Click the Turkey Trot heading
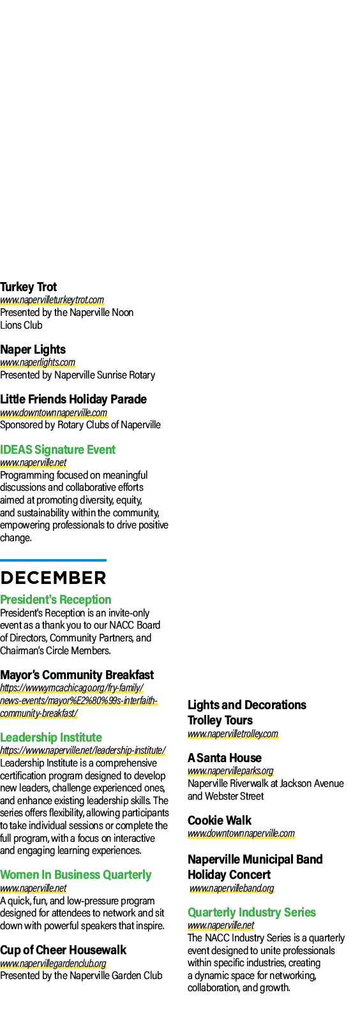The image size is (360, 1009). point(28,287)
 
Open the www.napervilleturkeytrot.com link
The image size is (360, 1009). point(52,300)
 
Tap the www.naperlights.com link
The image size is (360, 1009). point(38,362)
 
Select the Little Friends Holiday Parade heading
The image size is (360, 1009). point(73,400)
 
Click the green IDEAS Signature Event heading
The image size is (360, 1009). point(57,450)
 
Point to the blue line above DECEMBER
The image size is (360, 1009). point(53,560)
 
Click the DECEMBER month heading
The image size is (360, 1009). point(53,578)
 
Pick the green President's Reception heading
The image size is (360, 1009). point(56,600)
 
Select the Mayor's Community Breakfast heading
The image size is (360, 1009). point(77,675)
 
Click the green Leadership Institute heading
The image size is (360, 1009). point(51,738)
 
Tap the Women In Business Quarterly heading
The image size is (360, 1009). point(76,875)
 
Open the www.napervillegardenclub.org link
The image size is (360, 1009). point(53,964)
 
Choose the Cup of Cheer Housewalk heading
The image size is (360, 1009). point(63,950)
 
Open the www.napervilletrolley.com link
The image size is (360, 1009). point(233,734)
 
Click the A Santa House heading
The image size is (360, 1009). point(225,758)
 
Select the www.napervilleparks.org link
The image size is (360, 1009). point(230,771)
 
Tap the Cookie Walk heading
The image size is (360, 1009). point(220,821)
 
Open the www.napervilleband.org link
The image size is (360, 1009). point(232,888)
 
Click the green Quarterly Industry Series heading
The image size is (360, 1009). point(251,913)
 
